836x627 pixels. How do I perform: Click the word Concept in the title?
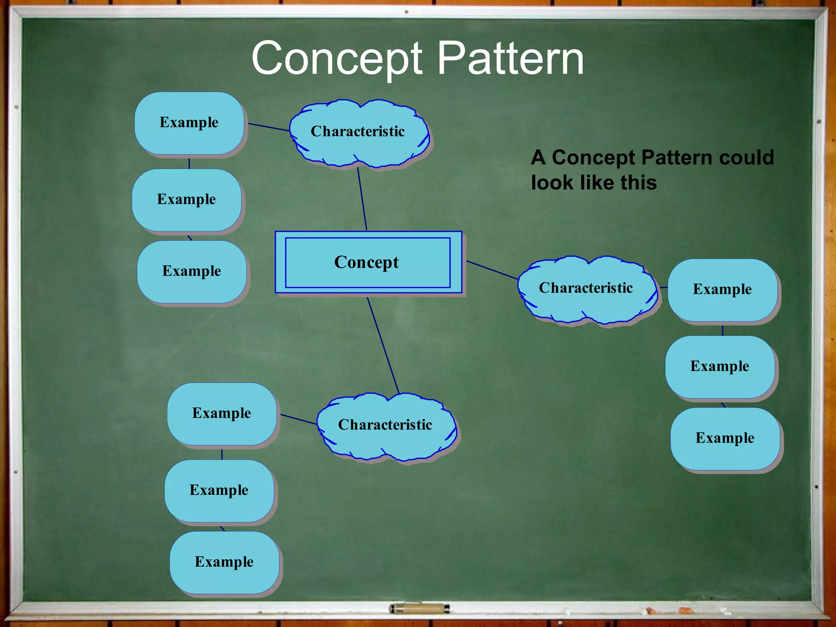337,59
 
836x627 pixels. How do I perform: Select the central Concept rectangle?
368,262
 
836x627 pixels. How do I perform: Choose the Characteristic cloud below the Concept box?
385,425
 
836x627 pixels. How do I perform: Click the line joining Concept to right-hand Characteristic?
492,270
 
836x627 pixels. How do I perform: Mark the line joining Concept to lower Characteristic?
383,345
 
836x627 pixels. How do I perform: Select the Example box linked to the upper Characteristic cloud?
189,122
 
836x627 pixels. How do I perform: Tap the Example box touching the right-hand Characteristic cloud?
722,289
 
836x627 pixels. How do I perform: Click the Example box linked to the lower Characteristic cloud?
222,413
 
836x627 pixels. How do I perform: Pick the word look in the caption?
551,182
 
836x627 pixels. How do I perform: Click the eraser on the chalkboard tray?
419,609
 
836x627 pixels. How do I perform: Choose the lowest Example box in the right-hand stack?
725,438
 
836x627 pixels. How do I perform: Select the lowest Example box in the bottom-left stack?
224,562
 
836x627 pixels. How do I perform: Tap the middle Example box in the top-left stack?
187,199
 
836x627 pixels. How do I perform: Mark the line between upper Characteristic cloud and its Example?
269,127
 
